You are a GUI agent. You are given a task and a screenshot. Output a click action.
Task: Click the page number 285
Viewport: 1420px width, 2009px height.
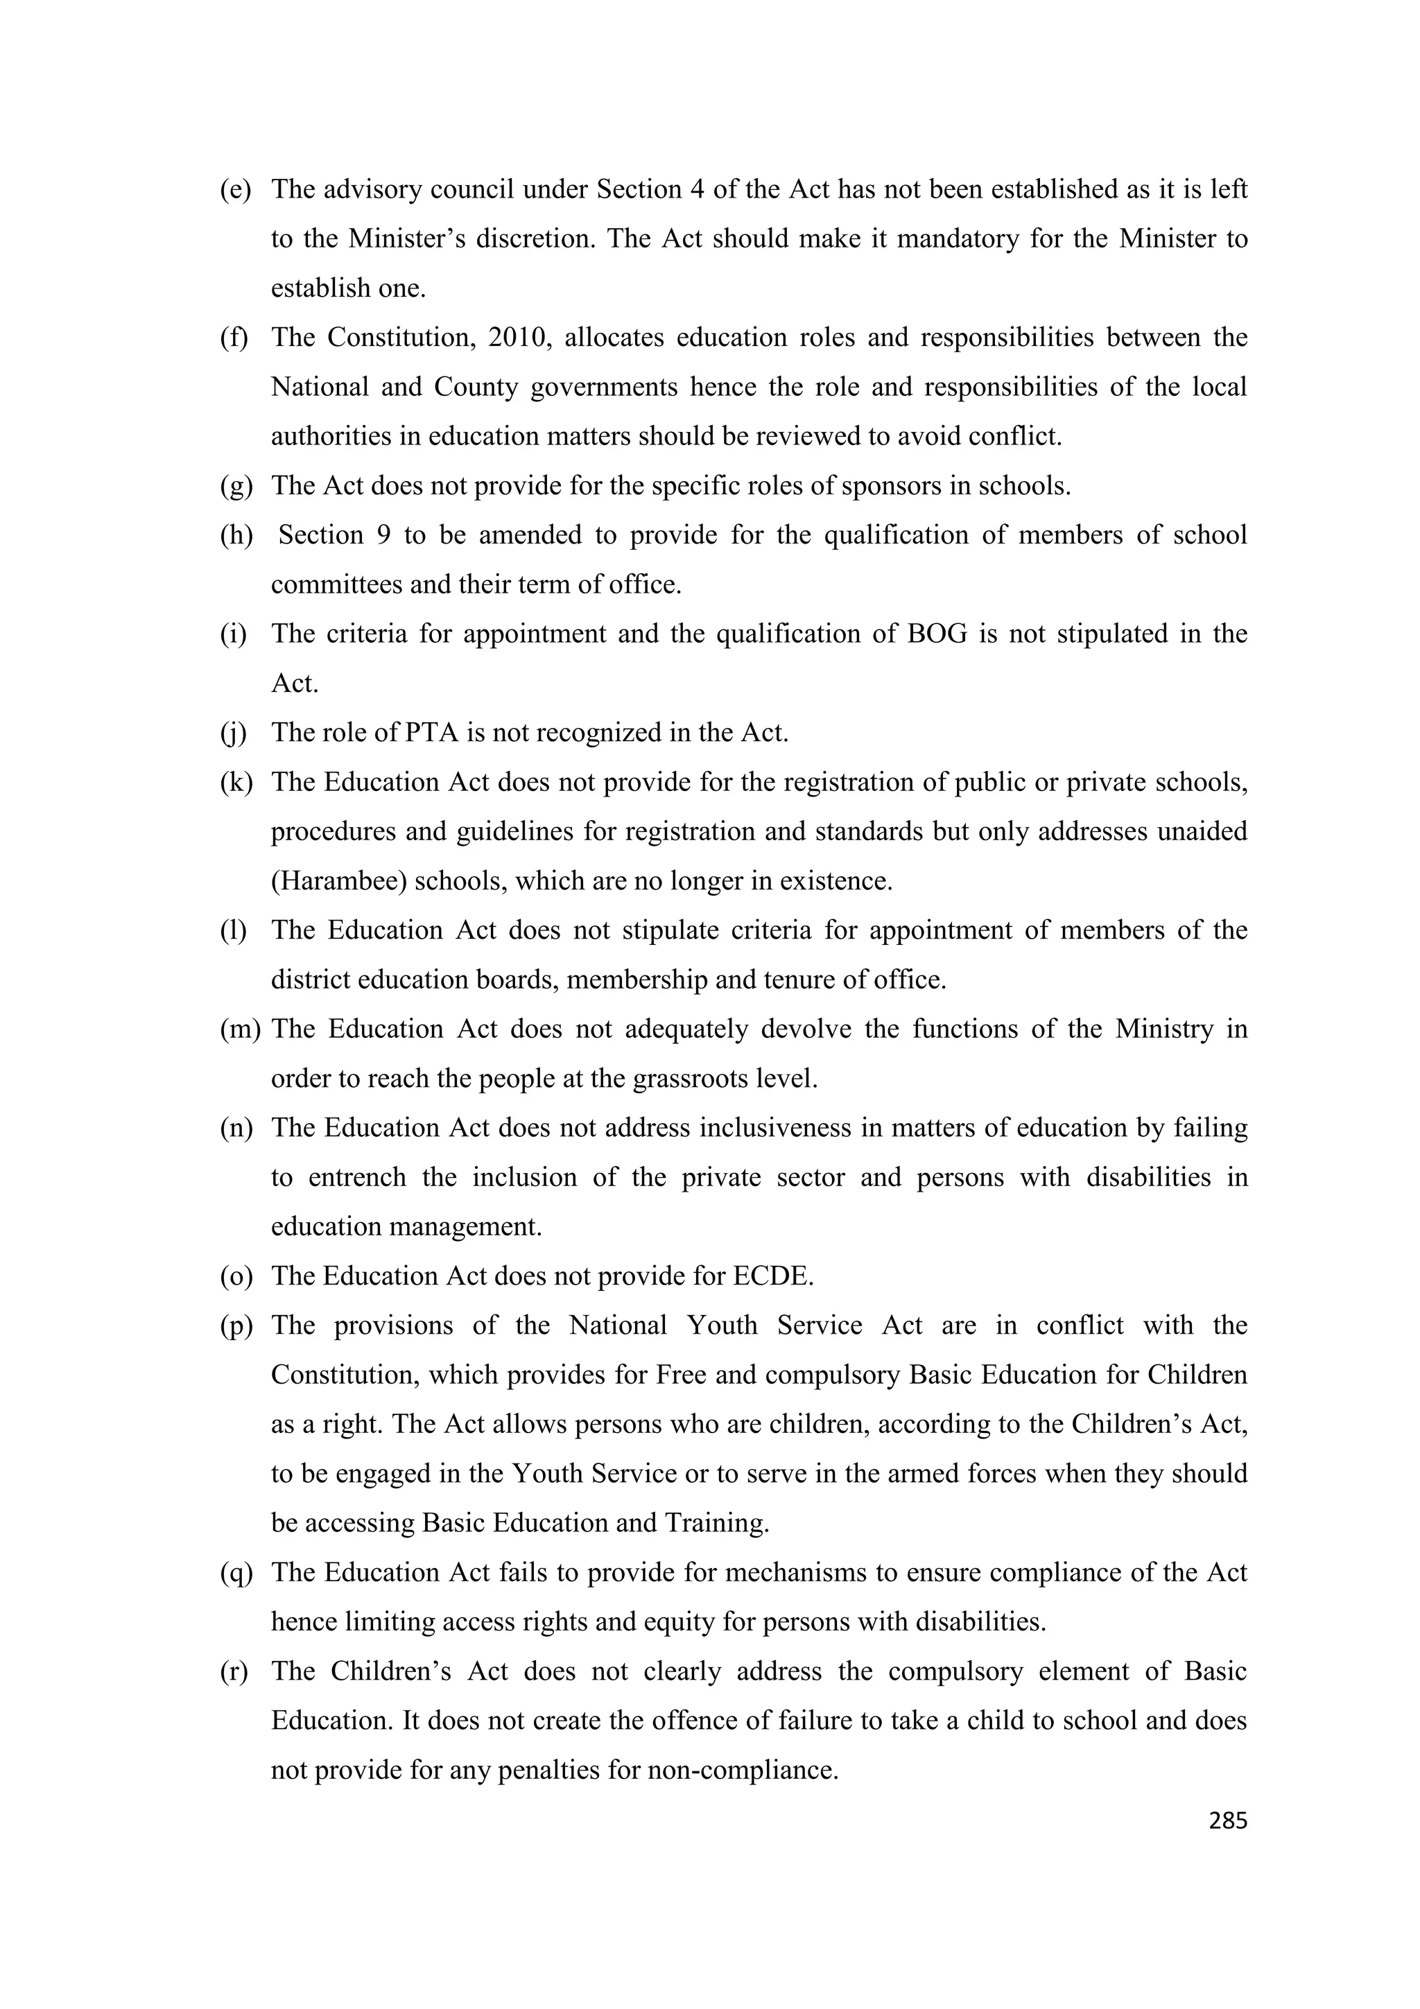point(1227,1821)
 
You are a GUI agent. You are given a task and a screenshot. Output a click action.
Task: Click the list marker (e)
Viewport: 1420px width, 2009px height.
point(234,189)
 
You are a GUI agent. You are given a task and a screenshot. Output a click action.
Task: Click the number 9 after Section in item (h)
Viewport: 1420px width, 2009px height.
point(383,534)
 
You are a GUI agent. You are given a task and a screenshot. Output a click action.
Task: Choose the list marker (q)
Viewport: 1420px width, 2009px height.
point(235,1572)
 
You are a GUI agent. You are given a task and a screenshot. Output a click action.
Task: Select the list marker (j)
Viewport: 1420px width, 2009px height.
point(233,732)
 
